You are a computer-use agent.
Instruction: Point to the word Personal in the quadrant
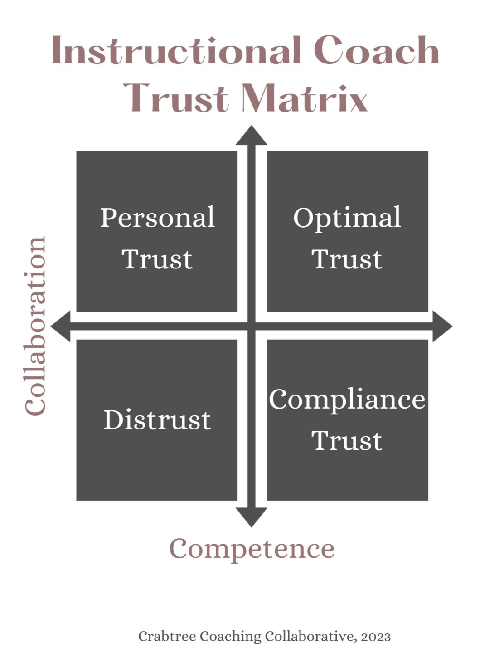(x=157, y=218)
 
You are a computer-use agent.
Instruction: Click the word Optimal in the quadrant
(x=347, y=218)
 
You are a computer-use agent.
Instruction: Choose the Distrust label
(x=157, y=420)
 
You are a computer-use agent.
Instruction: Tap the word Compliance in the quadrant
(x=347, y=400)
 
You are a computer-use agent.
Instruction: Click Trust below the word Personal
(x=157, y=259)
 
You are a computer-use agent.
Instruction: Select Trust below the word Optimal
(x=347, y=259)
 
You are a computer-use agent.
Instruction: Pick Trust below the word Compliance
(x=347, y=441)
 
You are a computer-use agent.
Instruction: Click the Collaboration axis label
(x=35, y=326)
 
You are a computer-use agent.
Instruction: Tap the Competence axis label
(x=252, y=549)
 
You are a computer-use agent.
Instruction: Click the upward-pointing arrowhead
(x=252, y=136)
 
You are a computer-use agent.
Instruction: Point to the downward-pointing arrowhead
(x=252, y=517)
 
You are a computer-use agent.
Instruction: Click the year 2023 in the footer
(x=376, y=637)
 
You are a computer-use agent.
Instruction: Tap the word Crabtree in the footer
(x=167, y=637)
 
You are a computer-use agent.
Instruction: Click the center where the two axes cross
(x=252, y=326)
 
